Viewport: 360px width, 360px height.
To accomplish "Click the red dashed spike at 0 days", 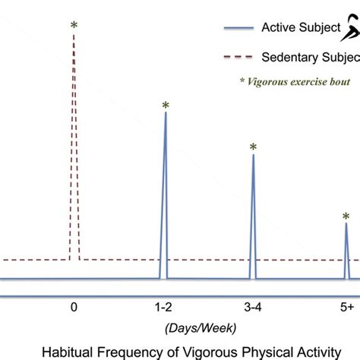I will [74, 152].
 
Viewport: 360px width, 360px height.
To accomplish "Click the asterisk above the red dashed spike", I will [74, 26].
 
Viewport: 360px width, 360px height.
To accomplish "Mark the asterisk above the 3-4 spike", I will [253, 147].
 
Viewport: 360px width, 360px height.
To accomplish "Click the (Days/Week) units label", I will [200, 327].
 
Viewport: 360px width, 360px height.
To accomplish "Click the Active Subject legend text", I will [300, 29].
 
